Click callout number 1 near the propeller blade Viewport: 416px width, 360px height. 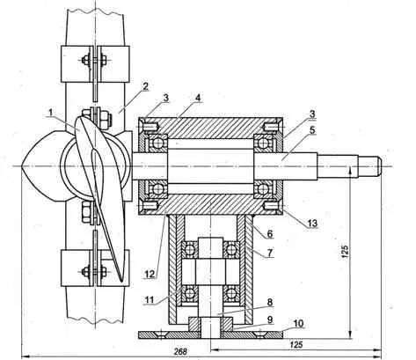(51, 113)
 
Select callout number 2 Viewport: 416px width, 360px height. (145, 87)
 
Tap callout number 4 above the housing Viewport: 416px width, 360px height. (198, 98)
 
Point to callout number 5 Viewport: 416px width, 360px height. (312, 129)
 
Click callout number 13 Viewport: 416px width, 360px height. (312, 224)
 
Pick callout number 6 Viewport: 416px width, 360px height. (270, 234)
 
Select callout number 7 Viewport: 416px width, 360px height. (270, 253)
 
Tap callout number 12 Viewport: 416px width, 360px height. (150, 275)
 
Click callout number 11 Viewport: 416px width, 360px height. (150, 300)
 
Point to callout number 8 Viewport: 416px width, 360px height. (270, 302)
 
